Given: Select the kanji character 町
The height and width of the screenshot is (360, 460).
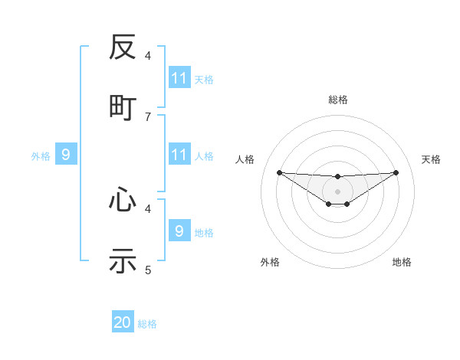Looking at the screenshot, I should pyautogui.click(x=123, y=106).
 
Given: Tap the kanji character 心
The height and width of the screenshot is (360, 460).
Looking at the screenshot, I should pyautogui.click(x=123, y=201).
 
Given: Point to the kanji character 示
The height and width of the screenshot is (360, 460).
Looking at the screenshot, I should pyautogui.click(x=123, y=260).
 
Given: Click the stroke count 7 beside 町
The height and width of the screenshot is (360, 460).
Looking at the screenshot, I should pyautogui.click(x=148, y=116).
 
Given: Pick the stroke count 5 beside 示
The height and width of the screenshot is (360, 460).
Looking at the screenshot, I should pyautogui.click(x=148, y=270).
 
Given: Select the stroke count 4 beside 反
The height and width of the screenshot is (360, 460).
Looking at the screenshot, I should pyautogui.click(x=148, y=56).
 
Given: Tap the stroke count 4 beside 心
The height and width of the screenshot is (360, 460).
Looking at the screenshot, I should pyautogui.click(x=148, y=208).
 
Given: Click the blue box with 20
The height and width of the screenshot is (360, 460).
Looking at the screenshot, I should pyautogui.click(x=123, y=322).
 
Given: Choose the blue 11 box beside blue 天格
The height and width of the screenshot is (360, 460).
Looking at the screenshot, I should pyautogui.click(x=179, y=78).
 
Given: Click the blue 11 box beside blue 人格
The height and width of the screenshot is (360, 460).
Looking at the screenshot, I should pyautogui.click(x=179, y=155).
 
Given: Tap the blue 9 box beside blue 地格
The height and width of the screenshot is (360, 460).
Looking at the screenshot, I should pyautogui.click(x=179, y=231).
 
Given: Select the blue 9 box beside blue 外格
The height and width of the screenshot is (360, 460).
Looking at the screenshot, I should pyautogui.click(x=66, y=155).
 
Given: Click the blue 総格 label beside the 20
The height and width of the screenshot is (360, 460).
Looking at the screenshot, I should pyautogui.click(x=147, y=324).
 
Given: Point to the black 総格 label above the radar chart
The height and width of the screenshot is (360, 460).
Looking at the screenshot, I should pyautogui.click(x=337, y=100).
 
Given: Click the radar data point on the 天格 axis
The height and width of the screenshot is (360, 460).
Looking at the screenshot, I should pyautogui.click(x=396, y=172).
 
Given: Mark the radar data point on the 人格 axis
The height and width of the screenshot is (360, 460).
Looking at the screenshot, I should pyautogui.click(x=279, y=172).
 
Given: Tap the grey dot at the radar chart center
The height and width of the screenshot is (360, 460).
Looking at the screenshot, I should pyautogui.click(x=337, y=191).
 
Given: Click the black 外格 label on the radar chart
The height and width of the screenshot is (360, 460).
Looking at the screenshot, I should pyautogui.click(x=270, y=263).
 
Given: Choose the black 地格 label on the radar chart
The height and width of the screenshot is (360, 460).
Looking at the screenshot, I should pyautogui.click(x=402, y=263).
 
